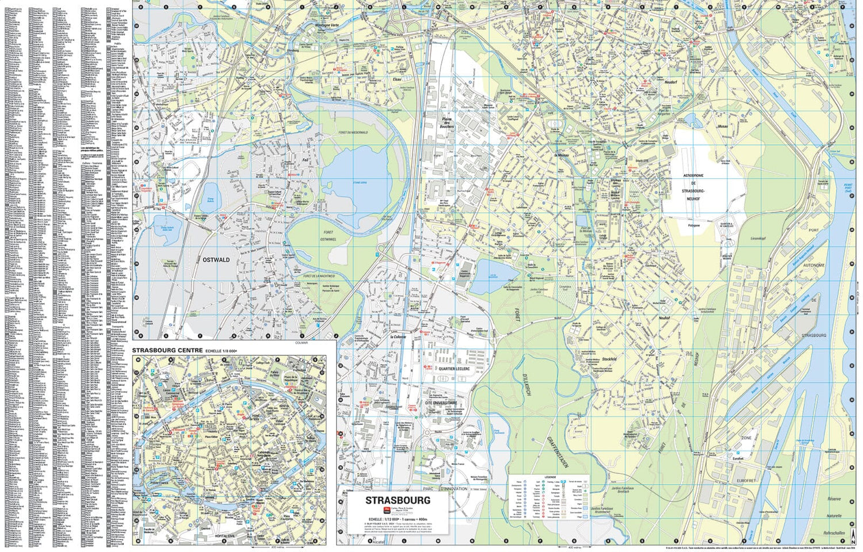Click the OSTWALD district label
216,260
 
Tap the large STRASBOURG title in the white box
398,500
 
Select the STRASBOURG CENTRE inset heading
167,350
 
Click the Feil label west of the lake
306,160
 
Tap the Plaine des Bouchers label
447,123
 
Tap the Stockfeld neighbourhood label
610,359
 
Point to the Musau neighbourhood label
722,126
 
